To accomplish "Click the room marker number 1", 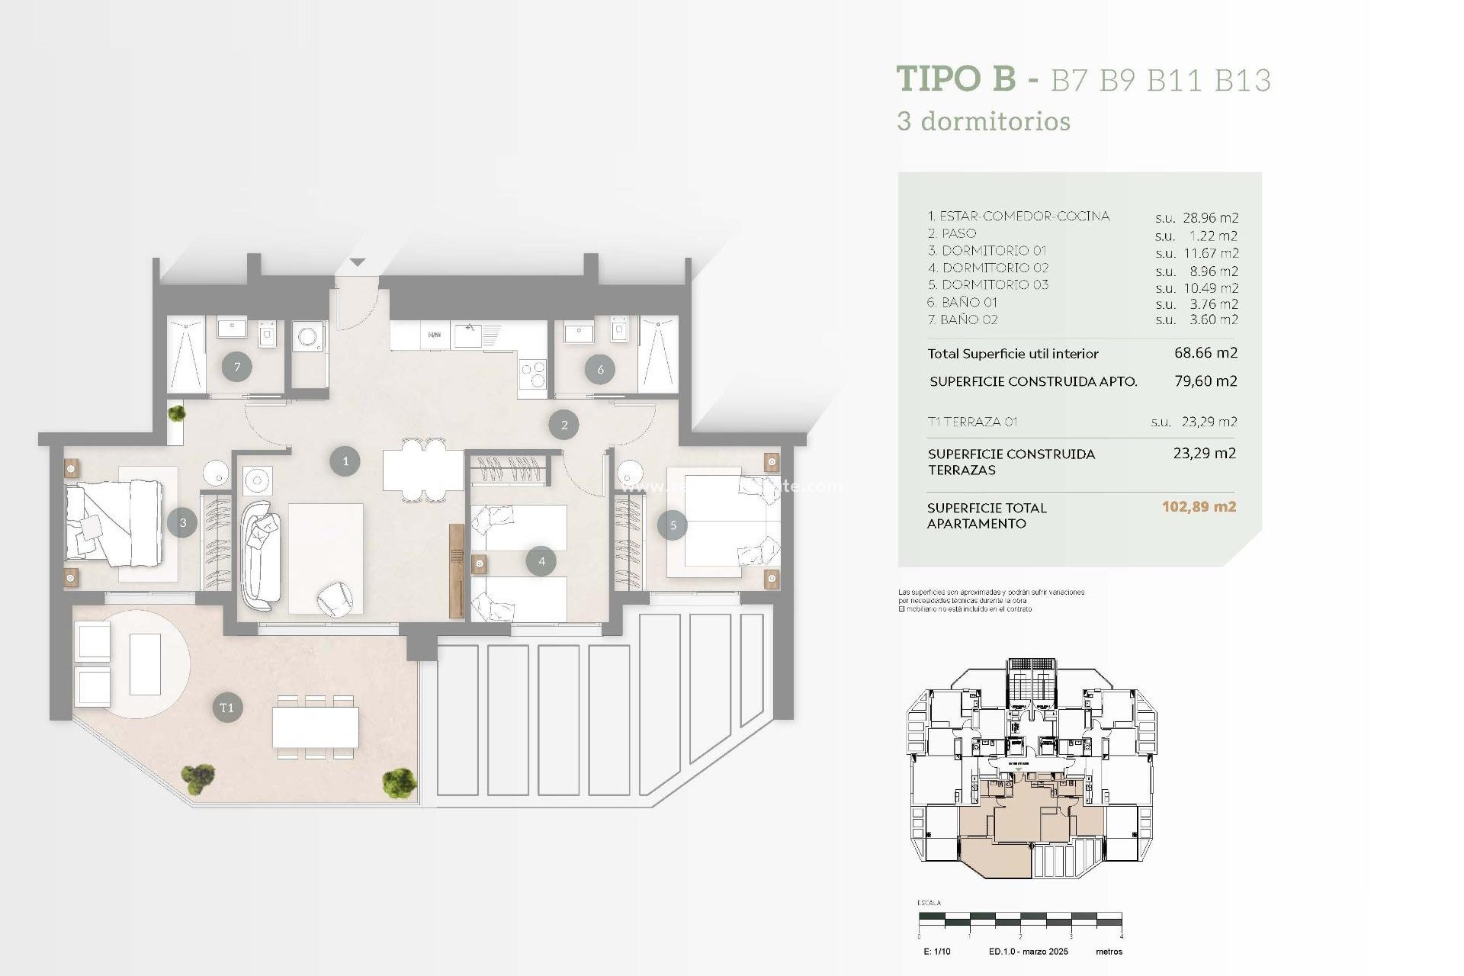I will coord(345,461).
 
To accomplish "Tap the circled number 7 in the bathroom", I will coord(237,368).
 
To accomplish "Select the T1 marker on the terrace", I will coord(226,708).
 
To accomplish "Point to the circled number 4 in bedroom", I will coord(541,561).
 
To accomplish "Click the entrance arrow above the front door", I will coord(357,262).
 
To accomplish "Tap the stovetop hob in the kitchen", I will coord(533,374).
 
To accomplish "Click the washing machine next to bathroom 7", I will coord(309,337).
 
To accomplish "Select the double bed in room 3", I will coord(114,522).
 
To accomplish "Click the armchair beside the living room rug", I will coord(335,599).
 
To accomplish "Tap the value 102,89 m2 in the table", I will coord(1199,506).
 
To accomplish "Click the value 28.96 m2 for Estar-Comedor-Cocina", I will coord(1210,218).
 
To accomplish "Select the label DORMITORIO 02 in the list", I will coord(995,268).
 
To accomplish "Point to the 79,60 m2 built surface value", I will coord(1206,380).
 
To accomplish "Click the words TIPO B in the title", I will coord(956,79).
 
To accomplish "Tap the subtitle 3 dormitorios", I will coord(984,121).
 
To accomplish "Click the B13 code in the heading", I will coord(1242,80).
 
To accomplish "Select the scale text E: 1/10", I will coord(936,952).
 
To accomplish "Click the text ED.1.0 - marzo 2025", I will coord(1028,952).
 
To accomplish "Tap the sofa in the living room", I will coord(259,555).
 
